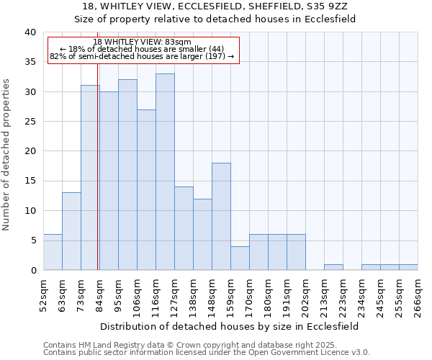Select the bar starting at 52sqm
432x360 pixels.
coord(53,252)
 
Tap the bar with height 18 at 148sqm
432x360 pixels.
coord(221,216)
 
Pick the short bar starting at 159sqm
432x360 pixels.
coord(240,258)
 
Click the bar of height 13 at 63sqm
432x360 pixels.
coord(71,231)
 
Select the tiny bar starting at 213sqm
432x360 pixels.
coord(333,267)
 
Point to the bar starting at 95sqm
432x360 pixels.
coord(127,174)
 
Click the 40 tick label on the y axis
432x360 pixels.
coord(30,32)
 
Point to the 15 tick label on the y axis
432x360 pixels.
coord(30,181)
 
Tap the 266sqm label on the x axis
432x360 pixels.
coord(418,295)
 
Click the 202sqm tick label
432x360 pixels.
coord(305,295)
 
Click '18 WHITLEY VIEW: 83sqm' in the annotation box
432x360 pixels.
coord(143,42)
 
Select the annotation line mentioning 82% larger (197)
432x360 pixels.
coord(143,56)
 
